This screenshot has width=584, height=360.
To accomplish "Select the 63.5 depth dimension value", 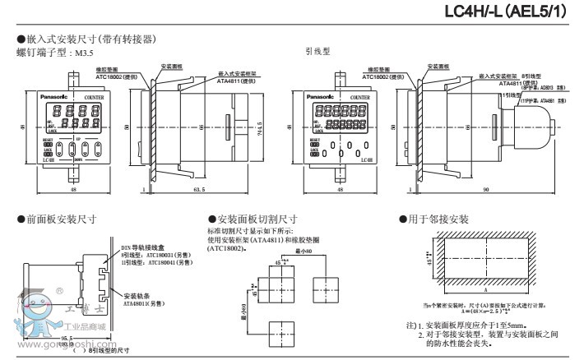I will pyautogui.click(x=197, y=189).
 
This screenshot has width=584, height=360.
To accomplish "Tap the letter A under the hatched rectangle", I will pyautogui.click(x=484, y=292).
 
